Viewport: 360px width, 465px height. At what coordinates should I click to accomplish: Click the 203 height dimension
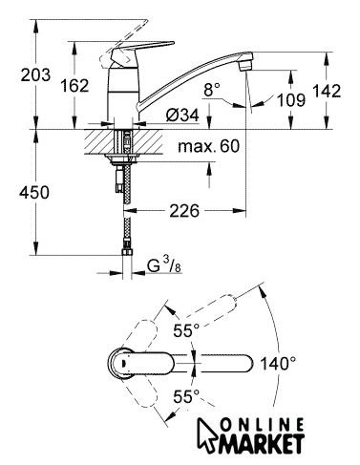coord(35,74)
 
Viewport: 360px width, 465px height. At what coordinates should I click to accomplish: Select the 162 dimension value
coord(74,86)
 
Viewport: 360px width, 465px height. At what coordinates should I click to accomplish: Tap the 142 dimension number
coord(327,91)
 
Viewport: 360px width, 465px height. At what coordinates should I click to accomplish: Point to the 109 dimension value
coord(291,100)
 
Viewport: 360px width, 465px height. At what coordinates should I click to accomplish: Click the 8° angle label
coord(212,90)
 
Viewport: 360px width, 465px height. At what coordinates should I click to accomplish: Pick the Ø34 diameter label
coord(182,115)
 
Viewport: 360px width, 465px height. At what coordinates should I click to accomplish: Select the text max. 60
coord(209,146)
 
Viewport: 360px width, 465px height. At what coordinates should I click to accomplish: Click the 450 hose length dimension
coord(34,193)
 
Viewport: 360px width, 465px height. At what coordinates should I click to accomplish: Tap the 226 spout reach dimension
coord(184,211)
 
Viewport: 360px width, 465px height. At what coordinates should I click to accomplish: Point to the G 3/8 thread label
coord(164,266)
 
